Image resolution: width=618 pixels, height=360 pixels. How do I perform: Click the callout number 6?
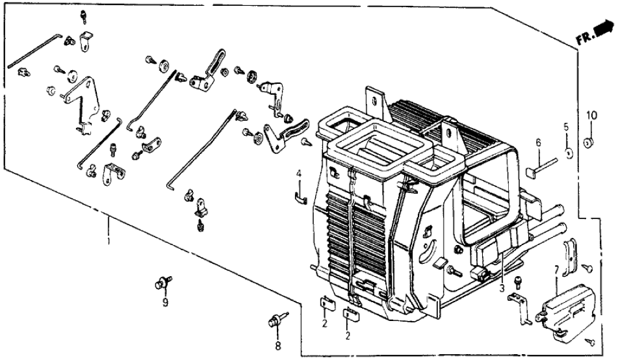pos(538,143)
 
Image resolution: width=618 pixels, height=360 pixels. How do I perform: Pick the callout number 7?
pos(556,270)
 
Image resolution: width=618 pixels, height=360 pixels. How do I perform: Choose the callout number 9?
pos(165,303)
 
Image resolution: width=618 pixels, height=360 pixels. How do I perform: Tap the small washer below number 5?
pos(567,153)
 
